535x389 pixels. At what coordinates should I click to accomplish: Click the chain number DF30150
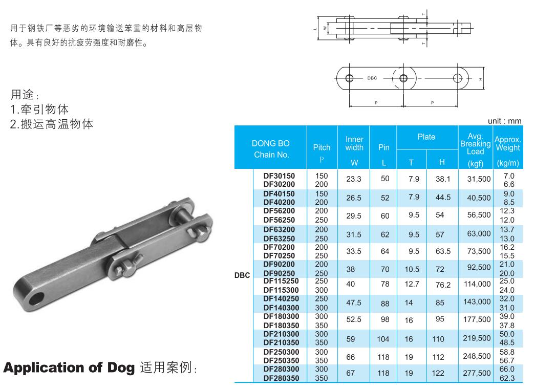(279, 176)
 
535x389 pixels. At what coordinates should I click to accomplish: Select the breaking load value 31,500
(479, 179)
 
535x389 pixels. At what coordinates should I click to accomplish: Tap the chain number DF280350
(281, 378)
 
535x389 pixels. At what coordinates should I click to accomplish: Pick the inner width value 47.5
(353, 302)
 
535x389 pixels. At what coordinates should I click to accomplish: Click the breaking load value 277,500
(477, 373)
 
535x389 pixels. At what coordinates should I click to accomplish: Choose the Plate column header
(426, 137)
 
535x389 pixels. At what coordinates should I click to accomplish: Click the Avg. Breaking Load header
(475, 144)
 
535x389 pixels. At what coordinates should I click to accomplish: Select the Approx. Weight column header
(508, 144)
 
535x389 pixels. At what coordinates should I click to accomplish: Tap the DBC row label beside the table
(242, 275)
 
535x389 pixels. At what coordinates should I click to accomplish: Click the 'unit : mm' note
(504, 121)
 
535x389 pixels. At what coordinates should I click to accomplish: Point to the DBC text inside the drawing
(372, 78)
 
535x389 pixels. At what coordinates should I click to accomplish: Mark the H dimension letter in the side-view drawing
(481, 79)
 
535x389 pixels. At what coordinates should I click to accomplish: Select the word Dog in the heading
(121, 368)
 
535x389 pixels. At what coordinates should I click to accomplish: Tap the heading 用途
(23, 94)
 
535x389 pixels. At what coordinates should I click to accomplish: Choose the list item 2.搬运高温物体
(52, 124)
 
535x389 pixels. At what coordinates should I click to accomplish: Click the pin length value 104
(383, 339)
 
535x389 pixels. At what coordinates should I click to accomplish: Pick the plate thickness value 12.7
(412, 284)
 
